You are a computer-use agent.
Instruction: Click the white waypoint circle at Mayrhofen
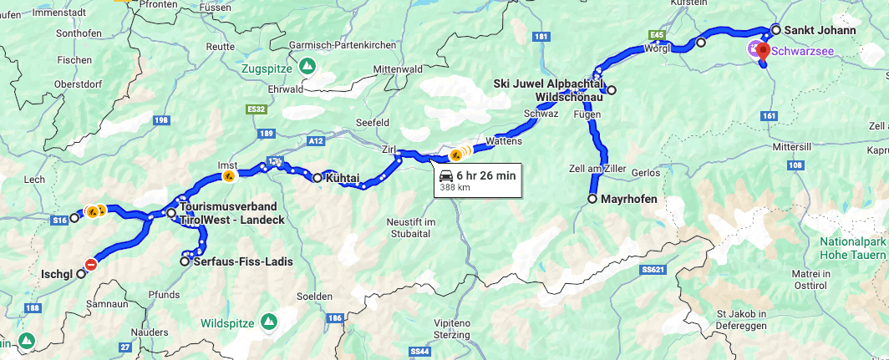pyautogui.click(x=592, y=200)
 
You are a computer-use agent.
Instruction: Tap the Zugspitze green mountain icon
pyautogui.click(x=307, y=65)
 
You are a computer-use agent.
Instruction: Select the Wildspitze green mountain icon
pyautogui.click(x=269, y=322)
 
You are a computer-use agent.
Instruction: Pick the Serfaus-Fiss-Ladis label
pyautogui.click(x=242, y=261)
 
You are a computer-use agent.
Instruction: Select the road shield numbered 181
pyautogui.click(x=541, y=38)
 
